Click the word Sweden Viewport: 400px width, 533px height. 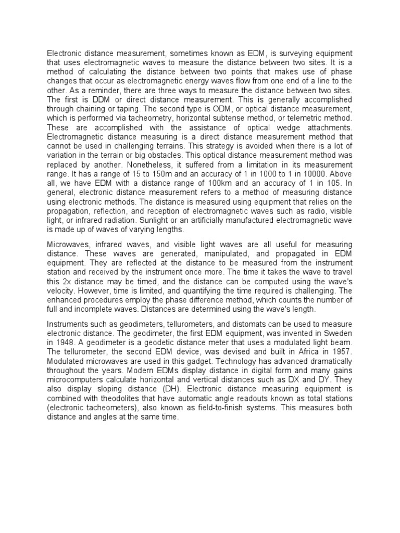(x=338, y=333)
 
